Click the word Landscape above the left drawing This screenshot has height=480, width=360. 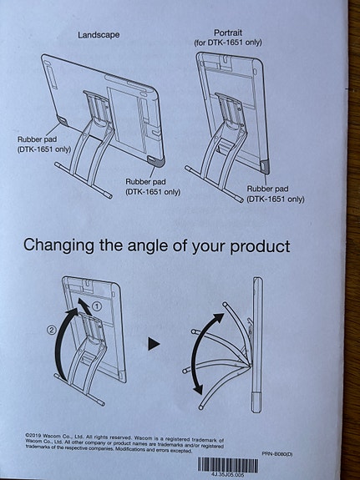pyautogui.click(x=99, y=35)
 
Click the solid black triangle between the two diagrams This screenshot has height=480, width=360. pyautogui.click(x=154, y=343)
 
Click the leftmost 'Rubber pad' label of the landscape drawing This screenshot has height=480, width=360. pyautogui.click(x=38, y=140)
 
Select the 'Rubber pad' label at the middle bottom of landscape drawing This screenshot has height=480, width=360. pyautogui.click(x=147, y=181)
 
